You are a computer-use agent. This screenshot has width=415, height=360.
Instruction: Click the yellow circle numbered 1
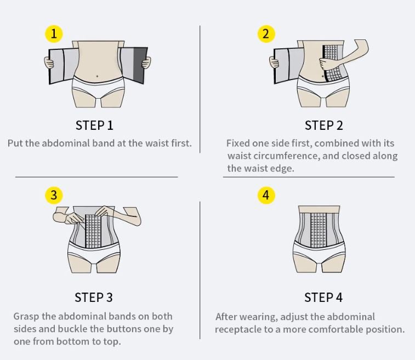54,34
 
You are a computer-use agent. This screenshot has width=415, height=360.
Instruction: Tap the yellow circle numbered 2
266,34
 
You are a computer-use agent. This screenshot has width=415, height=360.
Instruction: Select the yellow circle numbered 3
54,196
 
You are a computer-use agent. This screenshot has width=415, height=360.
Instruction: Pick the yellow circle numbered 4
266,196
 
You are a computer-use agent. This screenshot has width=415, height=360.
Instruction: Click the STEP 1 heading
94,125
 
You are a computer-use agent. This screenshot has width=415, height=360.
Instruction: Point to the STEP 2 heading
323,125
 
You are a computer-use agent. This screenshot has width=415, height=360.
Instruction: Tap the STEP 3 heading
94,298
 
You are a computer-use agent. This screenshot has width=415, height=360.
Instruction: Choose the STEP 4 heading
323,298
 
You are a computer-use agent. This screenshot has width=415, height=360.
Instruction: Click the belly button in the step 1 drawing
97,76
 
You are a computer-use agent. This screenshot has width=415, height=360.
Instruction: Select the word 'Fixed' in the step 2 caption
238,143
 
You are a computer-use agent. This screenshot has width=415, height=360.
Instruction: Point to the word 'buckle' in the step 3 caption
73,329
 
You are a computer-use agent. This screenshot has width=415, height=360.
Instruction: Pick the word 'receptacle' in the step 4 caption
238,330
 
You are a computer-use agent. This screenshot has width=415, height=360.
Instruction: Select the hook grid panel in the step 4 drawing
319,230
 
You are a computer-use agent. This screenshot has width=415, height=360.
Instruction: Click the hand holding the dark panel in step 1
146,63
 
